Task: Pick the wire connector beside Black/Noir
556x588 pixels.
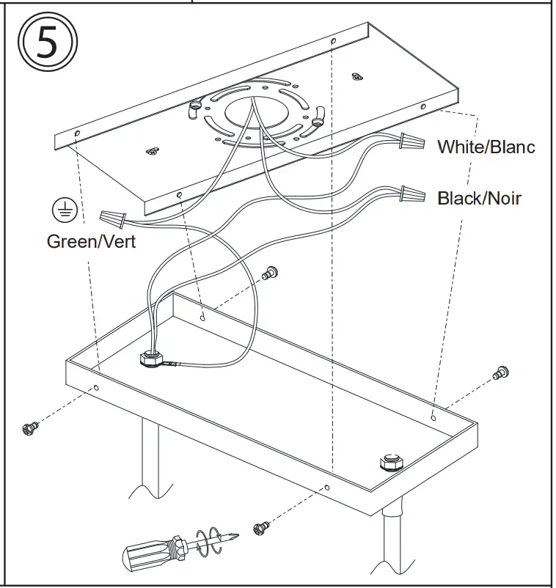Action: [413, 194]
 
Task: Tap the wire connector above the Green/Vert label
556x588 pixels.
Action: [111, 217]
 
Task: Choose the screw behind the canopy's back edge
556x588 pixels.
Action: [270, 273]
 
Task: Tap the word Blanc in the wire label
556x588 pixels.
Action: [512, 147]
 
